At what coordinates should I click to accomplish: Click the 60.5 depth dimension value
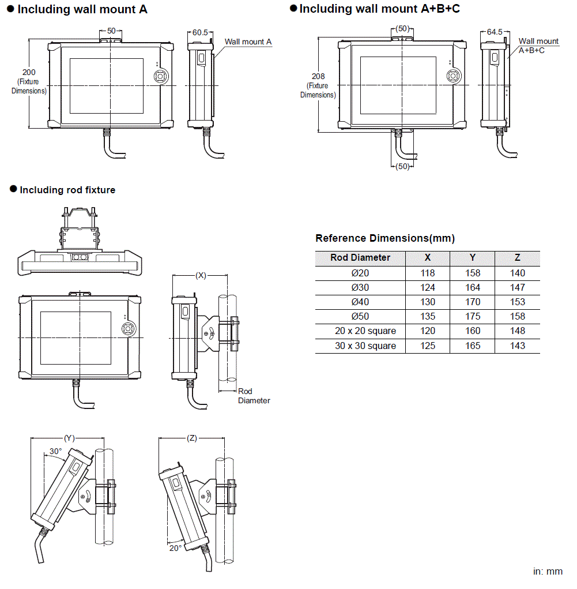point(200,33)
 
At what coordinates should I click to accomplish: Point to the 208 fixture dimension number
point(318,76)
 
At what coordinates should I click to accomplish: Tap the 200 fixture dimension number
point(29,72)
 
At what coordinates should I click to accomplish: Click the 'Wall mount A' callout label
point(248,42)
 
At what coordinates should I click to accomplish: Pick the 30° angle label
point(55,451)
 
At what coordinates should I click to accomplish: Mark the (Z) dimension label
point(192,438)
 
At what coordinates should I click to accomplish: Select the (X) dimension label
point(201,275)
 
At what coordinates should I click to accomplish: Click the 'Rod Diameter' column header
point(360,258)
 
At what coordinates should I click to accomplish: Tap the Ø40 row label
point(360,302)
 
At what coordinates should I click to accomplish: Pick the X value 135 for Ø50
point(427,316)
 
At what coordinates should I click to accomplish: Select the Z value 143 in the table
point(518,346)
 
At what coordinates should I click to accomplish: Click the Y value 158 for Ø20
point(472,273)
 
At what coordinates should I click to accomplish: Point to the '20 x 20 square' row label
point(360,331)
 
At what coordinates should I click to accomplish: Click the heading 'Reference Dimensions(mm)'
point(385,238)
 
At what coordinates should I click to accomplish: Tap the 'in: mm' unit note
point(547,571)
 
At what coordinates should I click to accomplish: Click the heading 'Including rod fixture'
point(67,190)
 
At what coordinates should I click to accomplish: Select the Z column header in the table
point(518,258)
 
